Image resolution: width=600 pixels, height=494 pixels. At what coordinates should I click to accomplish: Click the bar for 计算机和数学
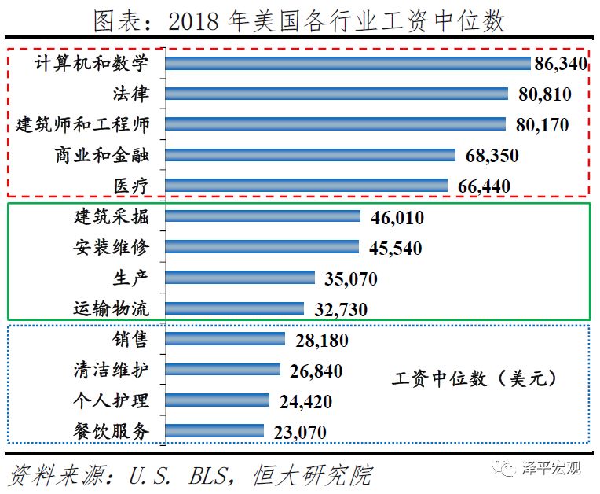click(349, 64)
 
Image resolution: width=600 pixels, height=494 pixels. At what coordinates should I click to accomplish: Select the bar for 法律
click(338, 94)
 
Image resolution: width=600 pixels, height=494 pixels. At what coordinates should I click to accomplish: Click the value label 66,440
click(483, 186)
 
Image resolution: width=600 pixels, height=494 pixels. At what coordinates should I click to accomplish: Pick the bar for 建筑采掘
click(263, 216)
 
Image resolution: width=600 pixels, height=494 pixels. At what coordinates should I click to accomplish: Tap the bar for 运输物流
click(235, 308)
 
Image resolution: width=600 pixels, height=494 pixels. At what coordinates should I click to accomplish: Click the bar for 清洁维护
click(223, 370)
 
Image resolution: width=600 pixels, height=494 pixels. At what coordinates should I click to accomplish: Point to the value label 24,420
click(305, 401)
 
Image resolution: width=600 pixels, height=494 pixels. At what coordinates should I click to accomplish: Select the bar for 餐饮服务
click(215, 431)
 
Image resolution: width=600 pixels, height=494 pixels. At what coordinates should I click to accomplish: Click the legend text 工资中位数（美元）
click(475, 379)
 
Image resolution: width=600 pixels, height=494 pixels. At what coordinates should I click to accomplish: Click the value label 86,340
click(561, 64)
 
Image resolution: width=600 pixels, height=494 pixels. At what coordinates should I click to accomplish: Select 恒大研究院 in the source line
click(312, 476)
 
